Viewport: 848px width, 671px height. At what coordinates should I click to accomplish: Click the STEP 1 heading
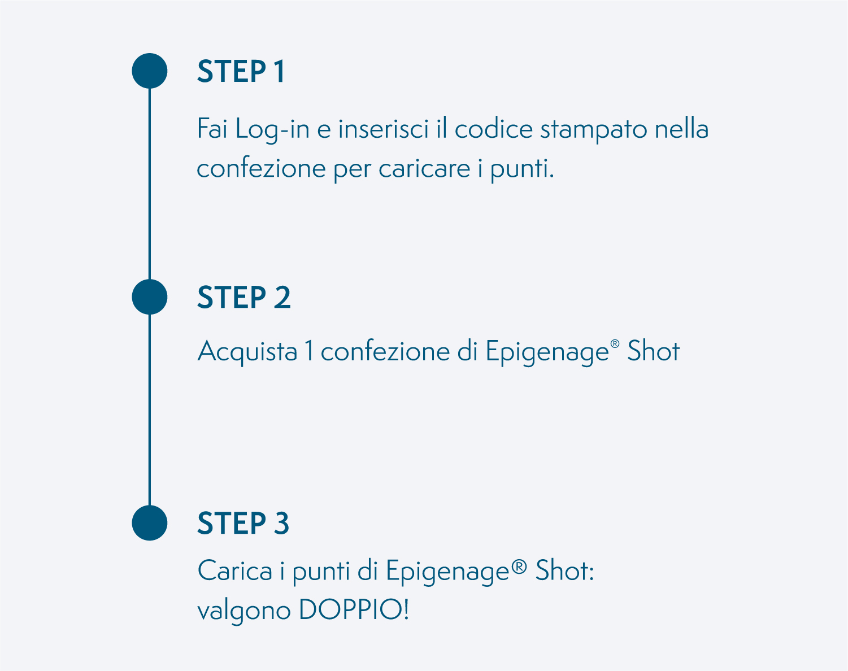point(241,71)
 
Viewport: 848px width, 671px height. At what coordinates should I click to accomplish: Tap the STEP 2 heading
point(244,297)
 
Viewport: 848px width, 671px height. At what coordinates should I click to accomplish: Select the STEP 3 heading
point(243,523)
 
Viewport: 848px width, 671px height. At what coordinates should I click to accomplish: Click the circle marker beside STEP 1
point(149,71)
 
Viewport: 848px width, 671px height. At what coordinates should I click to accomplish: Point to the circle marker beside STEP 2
point(149,297)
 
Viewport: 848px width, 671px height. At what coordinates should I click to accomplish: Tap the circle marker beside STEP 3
point(149,523)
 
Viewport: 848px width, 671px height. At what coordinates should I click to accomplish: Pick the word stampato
point(593,130)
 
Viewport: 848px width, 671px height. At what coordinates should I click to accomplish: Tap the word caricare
point(424,168)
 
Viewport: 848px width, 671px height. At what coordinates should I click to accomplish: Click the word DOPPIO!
point(354,610)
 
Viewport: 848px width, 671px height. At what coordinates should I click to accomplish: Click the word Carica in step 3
point(235,570)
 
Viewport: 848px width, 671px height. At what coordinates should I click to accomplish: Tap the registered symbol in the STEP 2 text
point(615,344)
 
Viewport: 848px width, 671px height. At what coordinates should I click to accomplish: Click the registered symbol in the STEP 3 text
point(519,567)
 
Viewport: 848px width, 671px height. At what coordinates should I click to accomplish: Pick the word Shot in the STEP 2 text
point(654,350)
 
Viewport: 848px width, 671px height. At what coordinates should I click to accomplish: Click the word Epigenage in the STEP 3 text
point(447,572)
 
